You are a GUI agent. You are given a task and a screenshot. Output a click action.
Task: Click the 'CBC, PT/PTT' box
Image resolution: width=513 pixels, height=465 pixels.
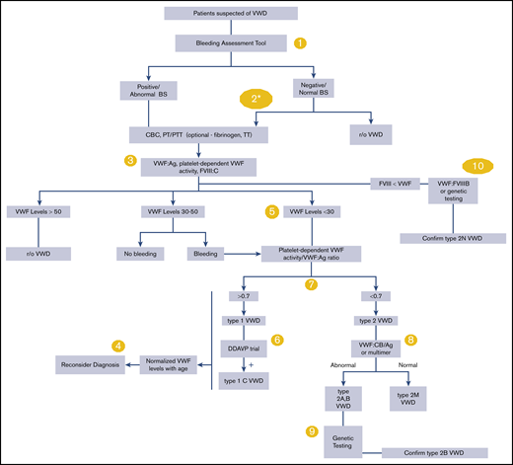pos(200,132)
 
